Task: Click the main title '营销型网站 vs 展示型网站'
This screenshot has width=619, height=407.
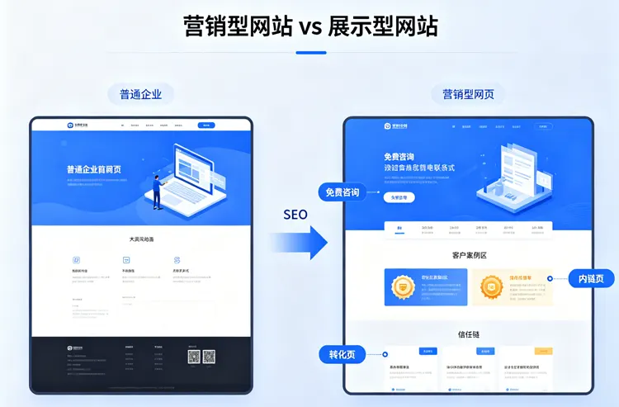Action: point(309,26)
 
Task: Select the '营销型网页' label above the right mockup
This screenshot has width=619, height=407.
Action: point(468,94)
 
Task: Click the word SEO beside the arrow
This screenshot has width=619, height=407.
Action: point(295,215)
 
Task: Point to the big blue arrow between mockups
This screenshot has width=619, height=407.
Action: point(301,242)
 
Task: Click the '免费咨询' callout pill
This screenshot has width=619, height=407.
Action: point(342,192)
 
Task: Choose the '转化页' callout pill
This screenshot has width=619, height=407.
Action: point(342,354)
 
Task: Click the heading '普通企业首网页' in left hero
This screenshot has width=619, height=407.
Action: point(94,169)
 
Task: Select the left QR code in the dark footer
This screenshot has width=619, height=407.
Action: point(194,357)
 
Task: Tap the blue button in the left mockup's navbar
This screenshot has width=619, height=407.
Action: point(206,125)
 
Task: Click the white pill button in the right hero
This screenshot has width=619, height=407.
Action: point(399,197)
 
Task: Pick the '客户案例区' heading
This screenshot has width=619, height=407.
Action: point(469,255)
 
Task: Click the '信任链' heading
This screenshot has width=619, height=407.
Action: point(469,334)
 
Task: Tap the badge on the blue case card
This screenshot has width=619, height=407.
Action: point(402,287)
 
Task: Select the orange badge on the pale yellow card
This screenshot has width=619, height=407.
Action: point(492,287)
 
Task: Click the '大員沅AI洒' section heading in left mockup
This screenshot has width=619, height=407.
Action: point(141,239)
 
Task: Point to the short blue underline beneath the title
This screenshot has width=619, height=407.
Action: point(310,53)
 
